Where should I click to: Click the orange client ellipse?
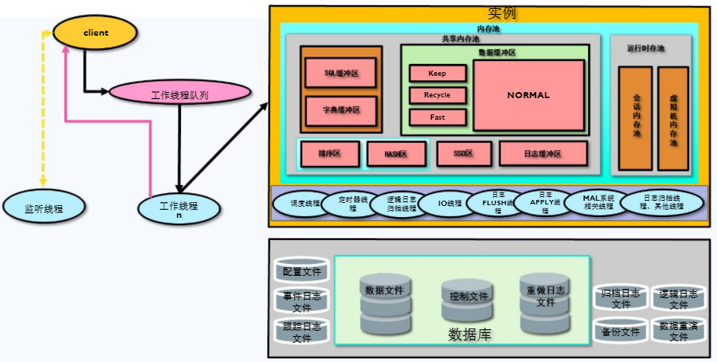(95, 33)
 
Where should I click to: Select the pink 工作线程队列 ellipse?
(179, 94)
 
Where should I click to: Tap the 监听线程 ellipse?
(43, 209)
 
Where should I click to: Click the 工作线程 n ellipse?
(179, 209)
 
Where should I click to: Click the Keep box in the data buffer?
(438, 74)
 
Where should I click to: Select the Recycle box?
(438, 95)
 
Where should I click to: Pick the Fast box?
(438, 117)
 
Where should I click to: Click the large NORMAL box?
(528, 95)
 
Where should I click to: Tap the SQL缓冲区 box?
(341, 74)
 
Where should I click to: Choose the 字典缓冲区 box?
(341, 110)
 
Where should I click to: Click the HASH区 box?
(396, 154)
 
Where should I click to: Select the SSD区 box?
(463, 154)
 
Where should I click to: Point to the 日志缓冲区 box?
(543, 154)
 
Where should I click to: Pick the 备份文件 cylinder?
(620, 332)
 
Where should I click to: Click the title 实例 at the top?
(502, 13)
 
